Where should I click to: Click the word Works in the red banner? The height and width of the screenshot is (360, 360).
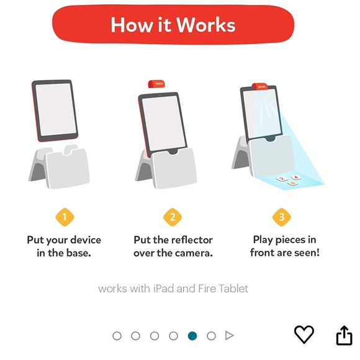click(x=206, y=25)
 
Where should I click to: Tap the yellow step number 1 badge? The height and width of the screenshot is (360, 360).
click(x=65, y=217)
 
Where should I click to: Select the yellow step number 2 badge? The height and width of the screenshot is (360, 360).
click(x=173, y=217)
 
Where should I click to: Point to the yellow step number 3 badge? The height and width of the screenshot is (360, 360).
click(x=281, y=217)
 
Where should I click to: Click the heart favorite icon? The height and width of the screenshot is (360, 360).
click(x=304, y=335)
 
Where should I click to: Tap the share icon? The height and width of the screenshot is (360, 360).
click(x=344, y=335)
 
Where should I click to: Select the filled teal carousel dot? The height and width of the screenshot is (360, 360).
click(x=192, y=336)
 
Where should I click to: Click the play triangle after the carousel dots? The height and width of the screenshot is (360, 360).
click(x=230, y=335)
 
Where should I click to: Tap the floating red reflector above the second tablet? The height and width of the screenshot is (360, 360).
click(x=156, y=84)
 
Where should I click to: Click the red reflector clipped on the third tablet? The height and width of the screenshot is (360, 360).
click(x=259, y=86)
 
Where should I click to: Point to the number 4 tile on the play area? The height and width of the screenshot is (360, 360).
click(x=295, y=178)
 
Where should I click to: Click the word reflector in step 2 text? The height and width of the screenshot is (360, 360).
click(x=192, y=240)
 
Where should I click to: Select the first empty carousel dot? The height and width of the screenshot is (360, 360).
click(x=117, y=336)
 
